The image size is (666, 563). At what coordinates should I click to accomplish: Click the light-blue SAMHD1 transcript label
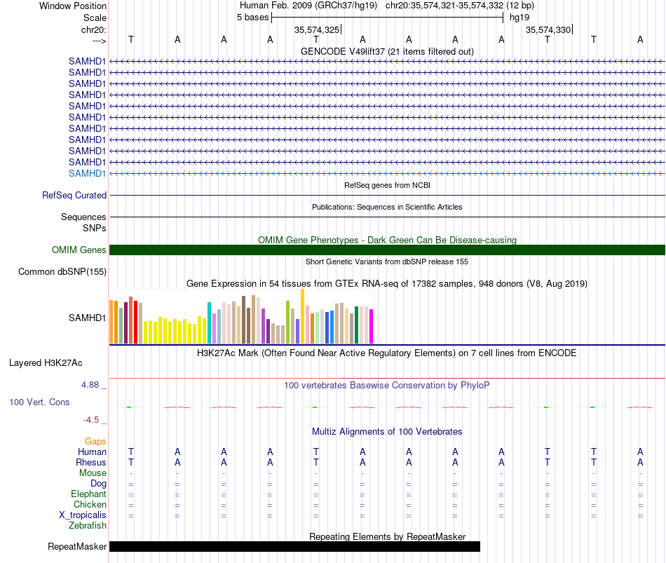click(x=87, y=173)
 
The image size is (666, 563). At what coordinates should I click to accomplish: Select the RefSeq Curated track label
click(x=74, y=195)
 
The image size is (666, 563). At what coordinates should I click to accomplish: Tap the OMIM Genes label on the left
click(x=79, y=250)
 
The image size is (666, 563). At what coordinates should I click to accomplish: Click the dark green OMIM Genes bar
click(x=387, y=250)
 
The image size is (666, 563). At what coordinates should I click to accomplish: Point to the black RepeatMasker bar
click(x=294, y=546)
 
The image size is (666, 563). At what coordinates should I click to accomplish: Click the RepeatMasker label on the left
click(x=77, y=546)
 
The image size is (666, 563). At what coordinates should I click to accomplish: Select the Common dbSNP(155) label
click(x=62, y=271)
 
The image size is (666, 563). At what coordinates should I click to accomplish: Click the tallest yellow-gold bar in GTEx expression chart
click(x=302, y=316)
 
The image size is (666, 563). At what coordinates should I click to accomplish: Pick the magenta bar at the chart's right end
click(x=372, y=326)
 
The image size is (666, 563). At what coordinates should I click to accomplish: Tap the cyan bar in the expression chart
click(x=209, y=323)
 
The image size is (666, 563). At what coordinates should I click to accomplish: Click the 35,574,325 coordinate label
click(x=317, y=29)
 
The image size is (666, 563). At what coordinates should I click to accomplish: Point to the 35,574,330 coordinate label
click(x=548, y=29)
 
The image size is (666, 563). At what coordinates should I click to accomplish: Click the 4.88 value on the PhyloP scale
click(x=90, y=385)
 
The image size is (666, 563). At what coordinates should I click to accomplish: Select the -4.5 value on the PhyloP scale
click(x=91, y=420)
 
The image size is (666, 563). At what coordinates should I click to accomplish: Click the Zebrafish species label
click(x=88, y=526)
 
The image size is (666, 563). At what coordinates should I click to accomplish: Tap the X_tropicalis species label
click(x=83, y=515)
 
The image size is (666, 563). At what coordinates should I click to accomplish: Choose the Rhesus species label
click(x=91, y=462)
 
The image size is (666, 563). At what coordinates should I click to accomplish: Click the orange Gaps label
click(x=95, y=442)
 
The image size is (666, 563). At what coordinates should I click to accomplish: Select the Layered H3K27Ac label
click(x=46, y=363)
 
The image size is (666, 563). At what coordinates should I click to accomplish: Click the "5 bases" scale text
click(x=252, y=18)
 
